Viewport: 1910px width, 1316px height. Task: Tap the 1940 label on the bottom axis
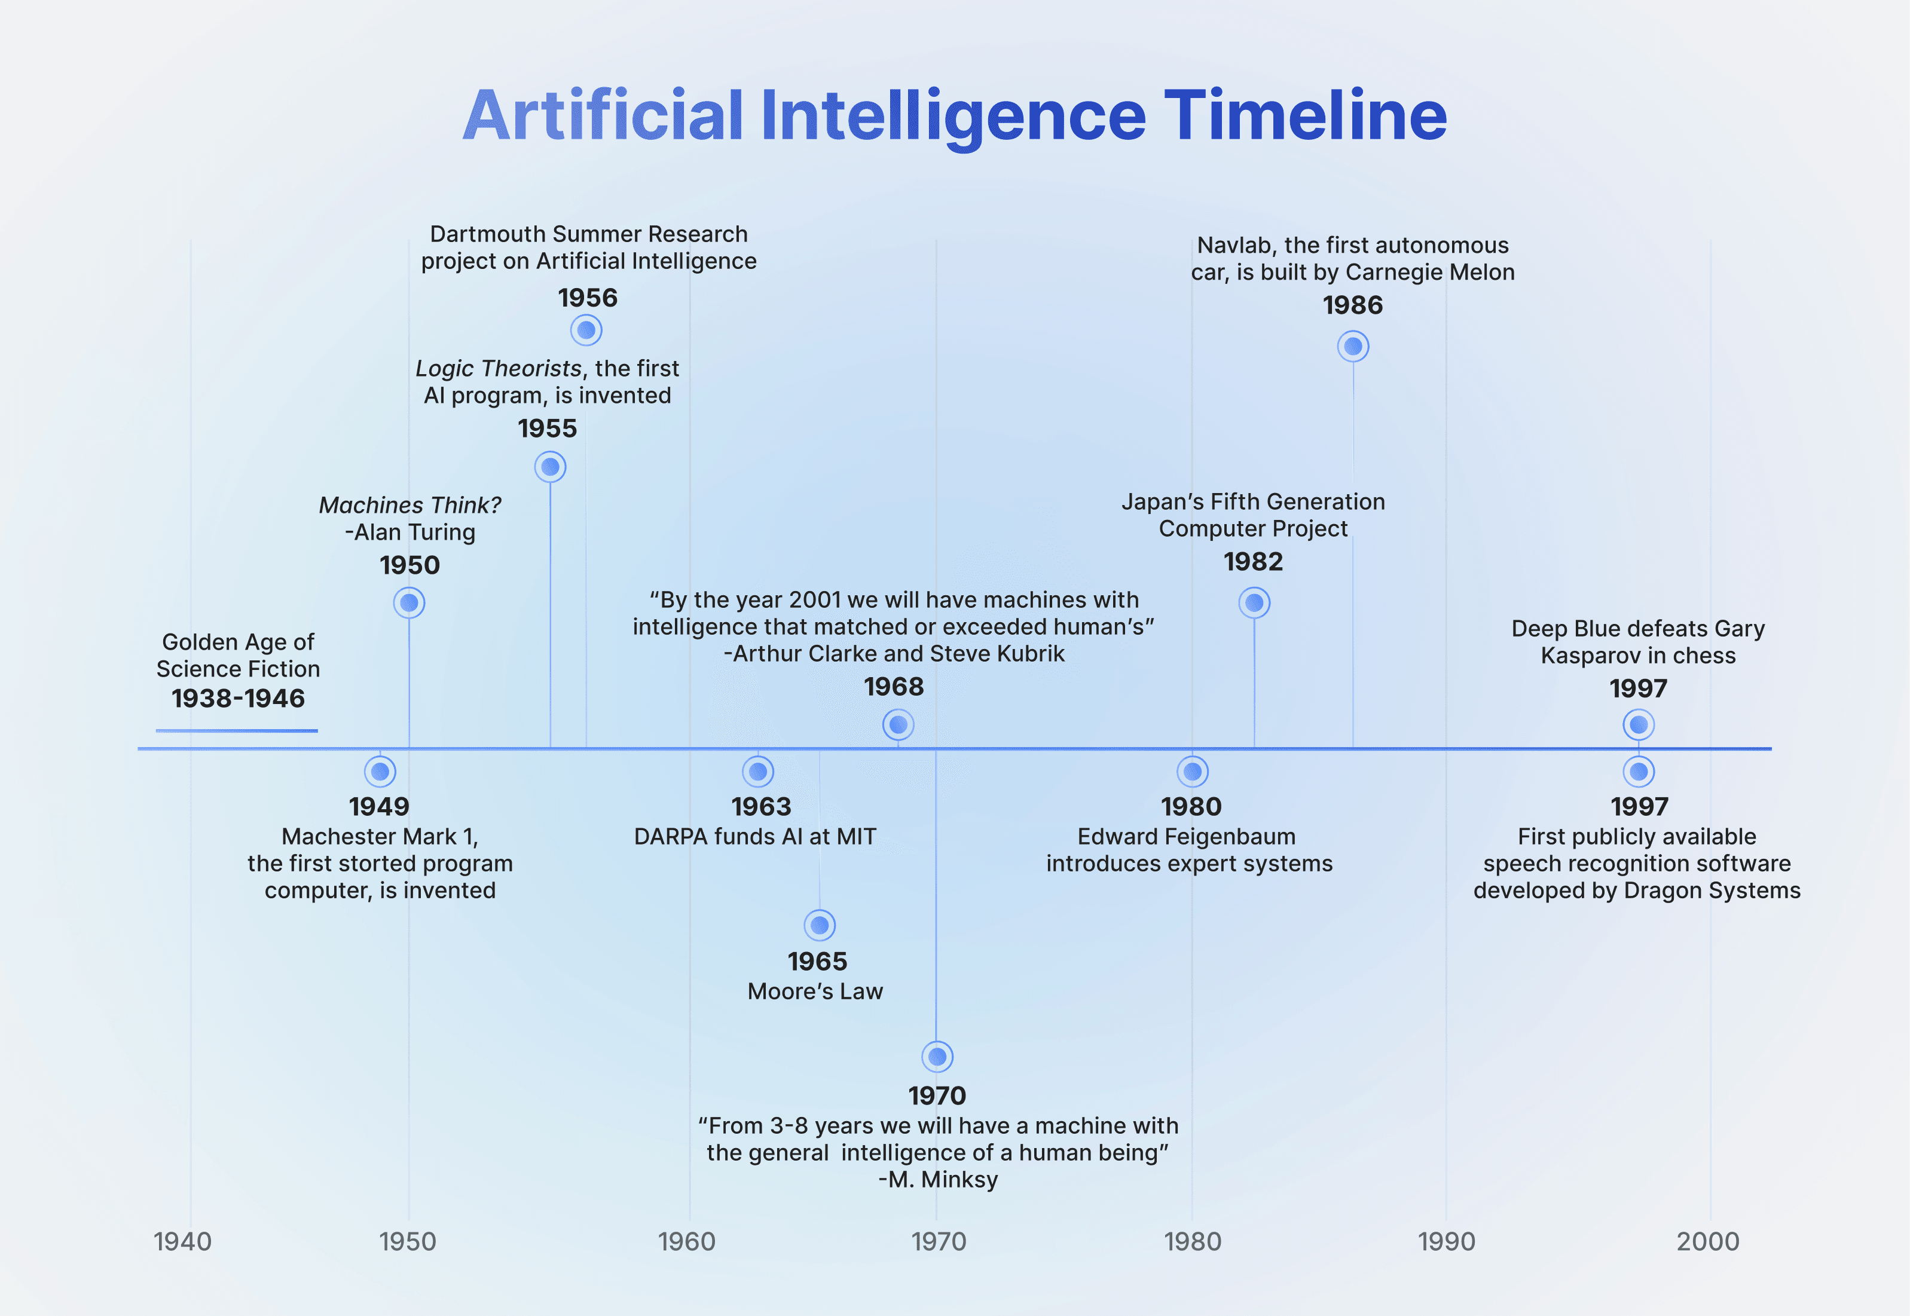182,1241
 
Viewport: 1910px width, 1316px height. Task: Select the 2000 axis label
1707,1241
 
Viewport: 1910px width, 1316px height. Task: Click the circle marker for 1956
586,330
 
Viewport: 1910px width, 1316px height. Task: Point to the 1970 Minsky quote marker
937,1056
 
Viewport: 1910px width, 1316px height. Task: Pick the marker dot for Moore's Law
820,925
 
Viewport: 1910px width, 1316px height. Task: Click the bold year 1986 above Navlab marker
1352,305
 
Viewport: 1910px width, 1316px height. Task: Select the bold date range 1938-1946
239,699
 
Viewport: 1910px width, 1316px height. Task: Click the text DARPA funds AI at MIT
754,836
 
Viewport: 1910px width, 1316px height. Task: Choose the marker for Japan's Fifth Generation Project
1254,603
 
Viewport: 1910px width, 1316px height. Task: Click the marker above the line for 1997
1639,725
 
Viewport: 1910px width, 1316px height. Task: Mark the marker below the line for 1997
1639,772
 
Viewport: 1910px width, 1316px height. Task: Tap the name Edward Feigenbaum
1186,836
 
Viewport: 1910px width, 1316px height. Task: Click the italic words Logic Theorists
498,369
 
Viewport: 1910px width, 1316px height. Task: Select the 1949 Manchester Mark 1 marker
380,772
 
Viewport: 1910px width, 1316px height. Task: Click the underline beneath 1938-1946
237,730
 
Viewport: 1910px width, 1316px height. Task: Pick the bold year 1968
893,686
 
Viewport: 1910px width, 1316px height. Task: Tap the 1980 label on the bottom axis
1193,1241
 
